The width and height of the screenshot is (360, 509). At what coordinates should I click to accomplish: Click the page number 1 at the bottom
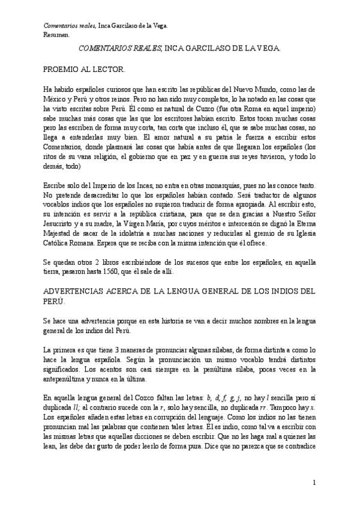click(x=314, y=483)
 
